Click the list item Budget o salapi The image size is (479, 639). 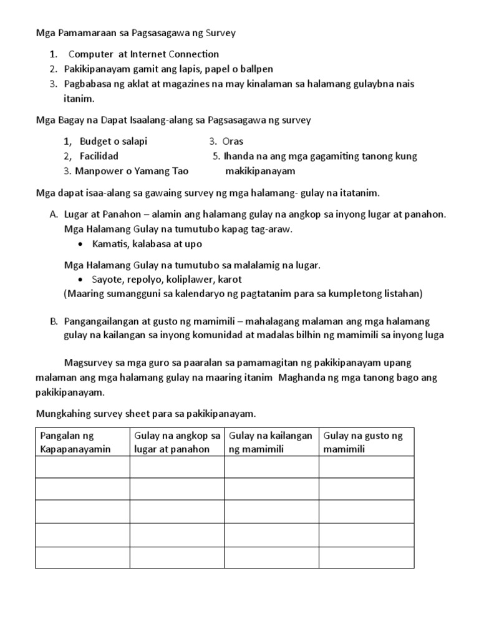[x=114, y=141]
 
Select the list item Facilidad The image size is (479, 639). [x=99, y=156]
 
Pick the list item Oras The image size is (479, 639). [x=233, y=141]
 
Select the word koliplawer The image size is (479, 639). [x=183, y=279]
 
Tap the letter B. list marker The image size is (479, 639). [x=54, y=321]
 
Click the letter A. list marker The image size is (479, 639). [x=54, y=214]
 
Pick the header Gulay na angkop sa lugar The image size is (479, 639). [x=177, y=442]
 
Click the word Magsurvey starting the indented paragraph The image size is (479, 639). [x=92, y=363]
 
